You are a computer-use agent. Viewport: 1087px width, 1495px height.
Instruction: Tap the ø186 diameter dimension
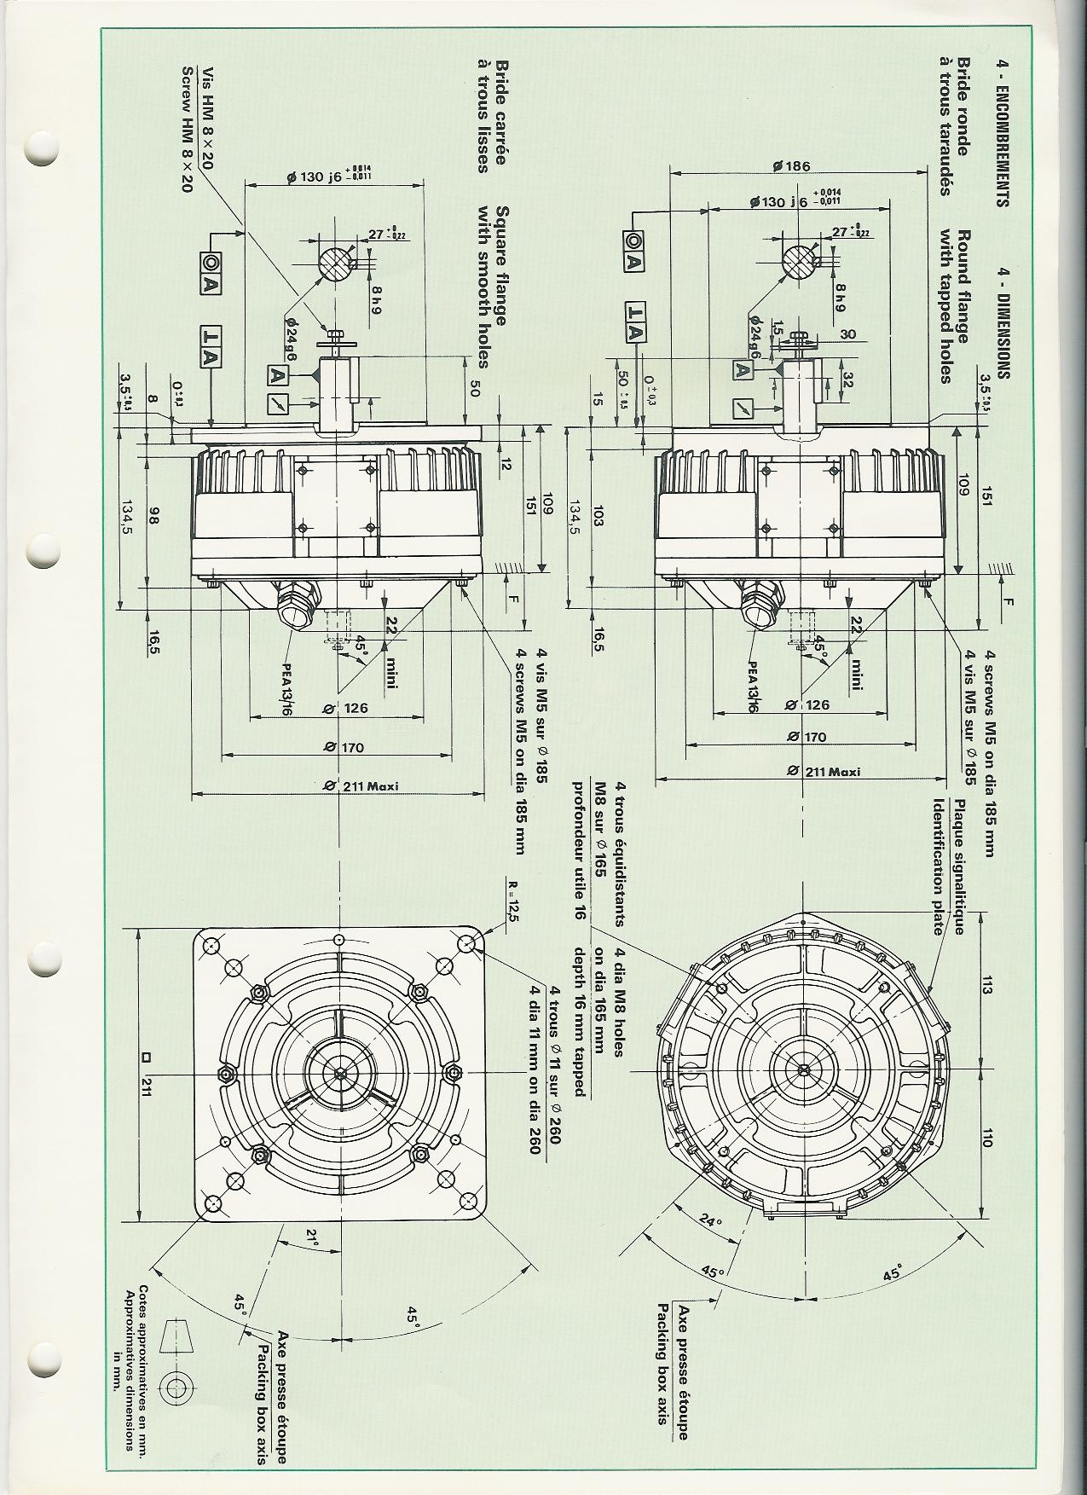pos(791,166)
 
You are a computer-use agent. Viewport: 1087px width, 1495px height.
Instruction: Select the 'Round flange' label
pos(962,286)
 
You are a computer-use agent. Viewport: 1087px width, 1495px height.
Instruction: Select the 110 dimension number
pos(986,1139)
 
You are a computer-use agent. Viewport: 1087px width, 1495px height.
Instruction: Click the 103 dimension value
pos(597,515)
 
